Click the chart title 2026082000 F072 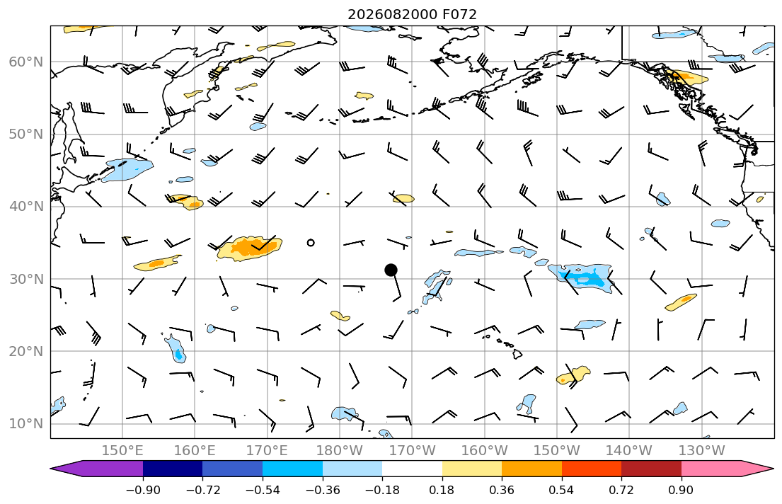[412, 14]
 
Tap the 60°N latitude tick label [26, 62]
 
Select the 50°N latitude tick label [26, 134]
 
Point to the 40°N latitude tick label [26, 207]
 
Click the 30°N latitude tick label [26, 279]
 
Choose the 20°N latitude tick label [26, 351]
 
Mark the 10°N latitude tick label [26, 424]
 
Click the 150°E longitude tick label [122, 451]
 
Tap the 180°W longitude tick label [340, 451]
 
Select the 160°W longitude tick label [484, 451]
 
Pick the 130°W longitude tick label [702, 451]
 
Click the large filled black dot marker [391, 270]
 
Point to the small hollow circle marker [311, 243]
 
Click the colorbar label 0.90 [682, 490]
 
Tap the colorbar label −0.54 [263, 490]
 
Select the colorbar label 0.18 [442, 490]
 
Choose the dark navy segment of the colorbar [173, 469]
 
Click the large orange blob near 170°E [249, 248]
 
